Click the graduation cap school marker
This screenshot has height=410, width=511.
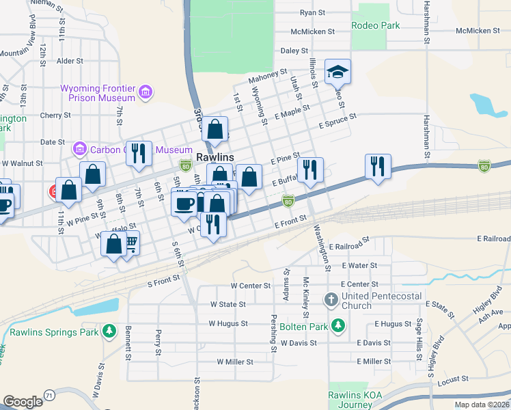pyautogui.click(x=337, y=71)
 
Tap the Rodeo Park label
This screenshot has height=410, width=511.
pyautogui.click(x=375, y=25)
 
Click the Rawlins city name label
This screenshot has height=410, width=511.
pyautogui.click(x=215, y=157)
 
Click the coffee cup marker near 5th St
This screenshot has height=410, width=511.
pyautogui.click(x=184, y=204)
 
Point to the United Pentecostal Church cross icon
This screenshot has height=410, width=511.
pyautogui.click(x=331, y=299)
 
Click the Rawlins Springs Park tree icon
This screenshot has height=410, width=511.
pyautogui.click(x=109, y=331)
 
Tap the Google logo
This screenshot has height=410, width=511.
pyautogui.click(x=23, y=402)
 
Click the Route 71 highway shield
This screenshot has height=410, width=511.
pyautogui.click(x=49, y=396)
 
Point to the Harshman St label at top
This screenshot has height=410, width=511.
pyautogui.click(x=426, y=20)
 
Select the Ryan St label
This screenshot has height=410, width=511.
pyautogui.click(x=312, y=12)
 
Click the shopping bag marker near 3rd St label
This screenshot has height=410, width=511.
pyautogui.click(x=215, y=128)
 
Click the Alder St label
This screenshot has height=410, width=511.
pyautogui.click(x=70, y=61)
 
